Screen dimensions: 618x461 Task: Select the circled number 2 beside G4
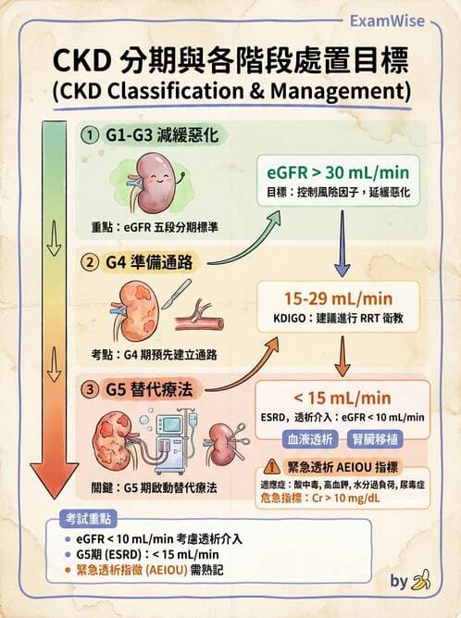click(90, 262)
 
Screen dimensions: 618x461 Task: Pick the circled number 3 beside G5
click(90, 390)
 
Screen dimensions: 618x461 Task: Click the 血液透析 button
click(308, 435)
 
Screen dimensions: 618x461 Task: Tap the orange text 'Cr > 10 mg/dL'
click(350, 498)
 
